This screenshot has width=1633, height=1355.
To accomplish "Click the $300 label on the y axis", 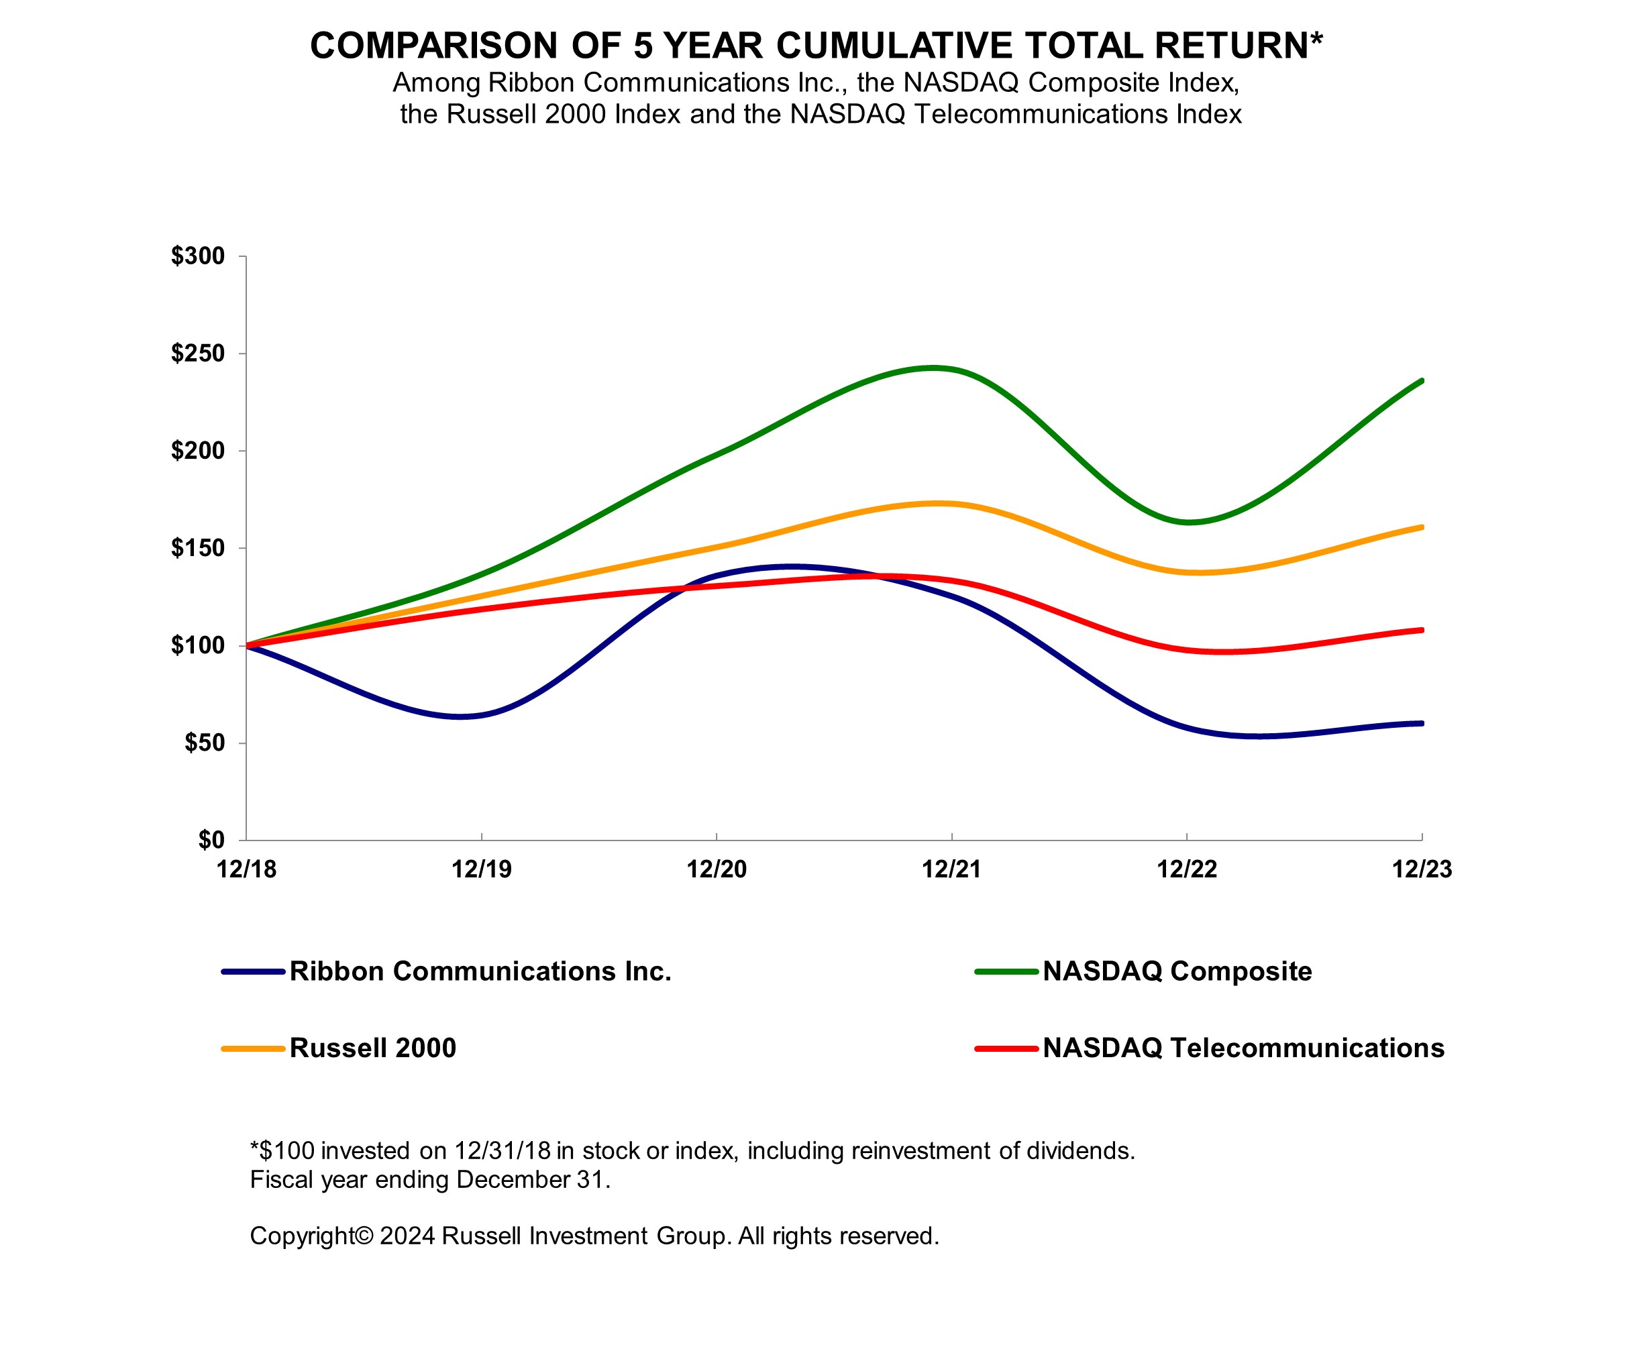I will [197, 256].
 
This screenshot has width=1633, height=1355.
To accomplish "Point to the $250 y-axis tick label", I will [197, 354].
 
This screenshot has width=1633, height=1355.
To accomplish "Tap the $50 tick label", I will [204, 743].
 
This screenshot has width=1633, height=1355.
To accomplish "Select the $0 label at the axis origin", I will [211, 840].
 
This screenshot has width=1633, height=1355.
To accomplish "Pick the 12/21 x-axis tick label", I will [951, 869].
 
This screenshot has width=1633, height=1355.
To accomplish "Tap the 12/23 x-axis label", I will [1422, 869].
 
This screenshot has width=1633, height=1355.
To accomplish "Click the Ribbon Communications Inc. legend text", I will [480, 972].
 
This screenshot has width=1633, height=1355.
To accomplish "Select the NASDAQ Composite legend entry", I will [1177, 972].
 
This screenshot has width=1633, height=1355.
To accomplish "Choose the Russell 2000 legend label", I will [372, 1048].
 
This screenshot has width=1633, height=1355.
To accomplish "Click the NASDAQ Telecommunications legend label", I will [1243, 1048].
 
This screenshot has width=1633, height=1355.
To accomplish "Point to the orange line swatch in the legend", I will [253, 1048].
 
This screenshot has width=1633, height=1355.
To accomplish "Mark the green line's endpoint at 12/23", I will [1422, 380].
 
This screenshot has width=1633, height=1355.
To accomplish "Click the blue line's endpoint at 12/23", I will [1422, 723].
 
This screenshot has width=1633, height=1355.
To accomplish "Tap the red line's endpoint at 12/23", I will [1422, 630].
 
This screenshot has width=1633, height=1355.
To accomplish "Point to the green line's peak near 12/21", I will [933, 368].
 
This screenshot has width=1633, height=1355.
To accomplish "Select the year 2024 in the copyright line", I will [407, 1236].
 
